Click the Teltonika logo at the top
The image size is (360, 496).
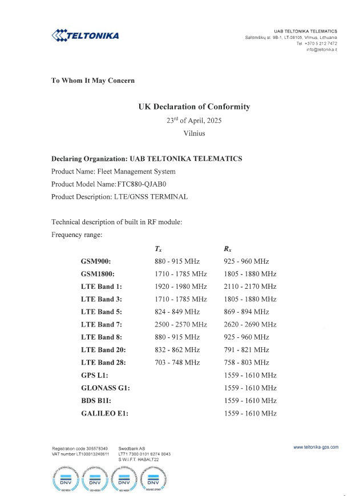click(x=85, y=36)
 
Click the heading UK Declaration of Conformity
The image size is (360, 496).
click(x=194, y=107)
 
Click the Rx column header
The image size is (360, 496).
click(x=228, y=249)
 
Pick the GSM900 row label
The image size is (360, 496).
click(x=96, y=261)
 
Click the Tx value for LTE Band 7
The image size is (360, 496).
click(x=181, y=324)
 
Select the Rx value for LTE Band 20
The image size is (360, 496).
click(x=246, y=350)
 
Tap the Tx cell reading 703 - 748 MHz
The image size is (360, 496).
click(x=177, y=362)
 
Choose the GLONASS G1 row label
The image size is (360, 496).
click(x=106, y=388)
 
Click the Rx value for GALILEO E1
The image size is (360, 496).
click(x=250, y=413)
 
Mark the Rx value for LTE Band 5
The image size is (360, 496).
click(x=246, y=312)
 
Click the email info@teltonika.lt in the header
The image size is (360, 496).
click(x=322, y=50)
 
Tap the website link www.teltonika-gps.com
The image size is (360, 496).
click(x=315, y=447)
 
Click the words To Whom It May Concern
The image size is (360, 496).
click(x=93, y=80)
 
